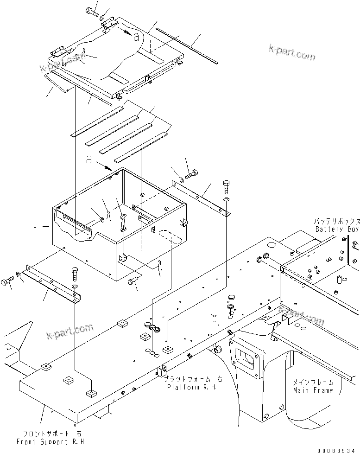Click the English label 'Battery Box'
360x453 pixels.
337,229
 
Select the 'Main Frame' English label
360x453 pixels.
313,390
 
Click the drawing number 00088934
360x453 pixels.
338,449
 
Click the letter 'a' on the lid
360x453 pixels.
135,37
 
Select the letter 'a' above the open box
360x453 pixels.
89,160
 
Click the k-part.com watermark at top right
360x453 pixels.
291,52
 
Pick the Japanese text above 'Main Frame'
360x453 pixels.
313,383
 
